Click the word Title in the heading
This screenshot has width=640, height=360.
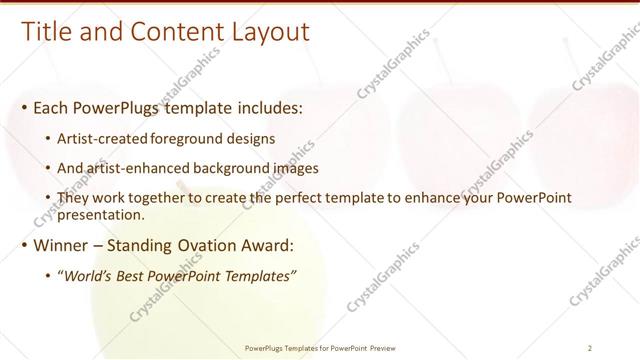coord(46,32)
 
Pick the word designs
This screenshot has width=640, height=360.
coord(252,137)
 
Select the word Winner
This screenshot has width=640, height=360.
coord(62,244)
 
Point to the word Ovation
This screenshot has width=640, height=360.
coord(209,244)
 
